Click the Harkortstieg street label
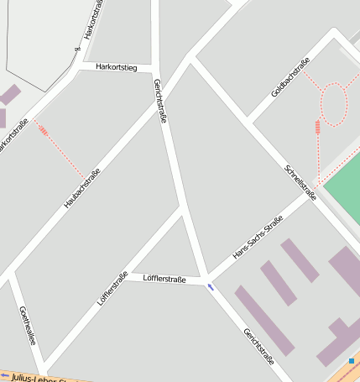tap(115, 65)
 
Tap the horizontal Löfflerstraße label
tap(164, 278)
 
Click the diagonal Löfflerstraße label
tap(112, 288)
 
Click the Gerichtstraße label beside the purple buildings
tap(258, 345)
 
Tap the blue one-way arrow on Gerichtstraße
tap(210, 287)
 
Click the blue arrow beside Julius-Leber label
tap(6, 374)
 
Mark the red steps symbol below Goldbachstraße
tap(317, 127)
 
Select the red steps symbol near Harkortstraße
tap(42, 130)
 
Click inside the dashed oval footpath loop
tap(334, 105)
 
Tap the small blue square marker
tap(352, 361)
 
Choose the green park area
tap(344, 189)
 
